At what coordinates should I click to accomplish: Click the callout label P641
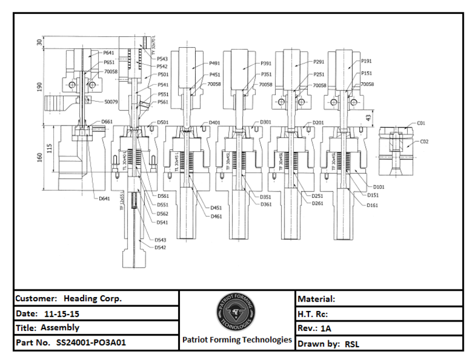pos(109,53)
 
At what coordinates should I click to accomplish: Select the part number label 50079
pos(110,102)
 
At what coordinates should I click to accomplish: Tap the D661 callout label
pos(106,121)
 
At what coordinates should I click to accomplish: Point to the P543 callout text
pos(162,59)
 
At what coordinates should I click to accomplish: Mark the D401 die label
pos(214,123)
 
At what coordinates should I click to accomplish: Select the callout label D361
pos(266,204)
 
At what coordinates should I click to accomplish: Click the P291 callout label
pos(318,62)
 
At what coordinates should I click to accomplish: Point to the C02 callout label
pos(424,142)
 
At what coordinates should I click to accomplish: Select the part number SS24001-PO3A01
pos(91,343)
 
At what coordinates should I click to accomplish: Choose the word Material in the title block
pos(316,299)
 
